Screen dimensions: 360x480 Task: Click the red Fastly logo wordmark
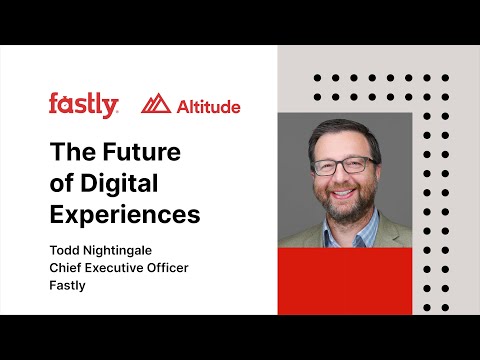[84, 104]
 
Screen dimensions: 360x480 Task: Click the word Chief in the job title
[66, 269]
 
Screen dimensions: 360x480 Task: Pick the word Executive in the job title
[119, 269]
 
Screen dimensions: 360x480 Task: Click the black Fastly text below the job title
[69, 285]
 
